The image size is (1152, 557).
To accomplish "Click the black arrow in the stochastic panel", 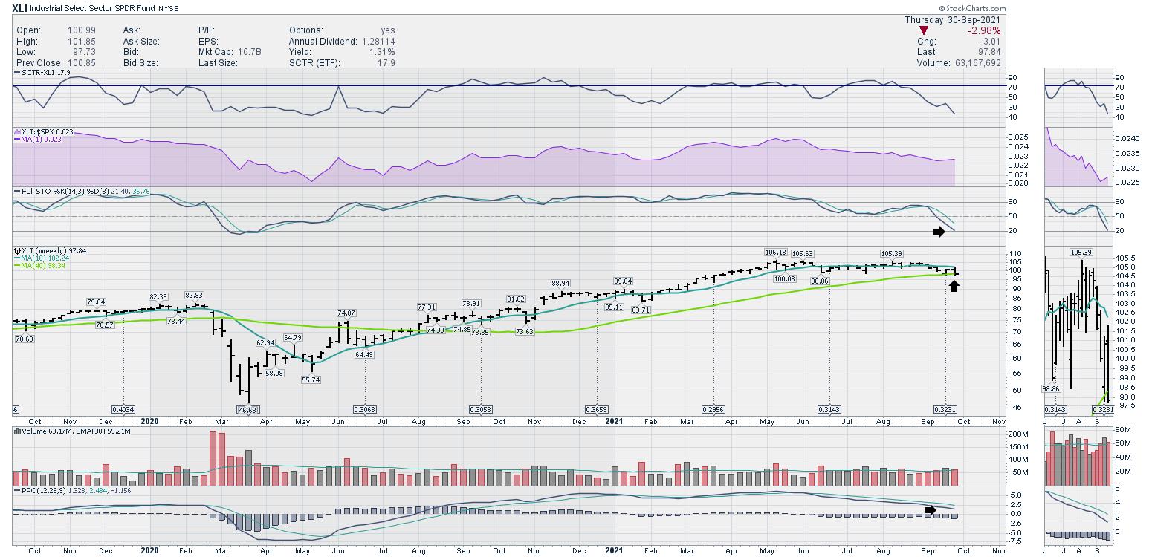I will click(x=939, y=232).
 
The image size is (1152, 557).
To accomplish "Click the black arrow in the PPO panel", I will click(x=932, y=509).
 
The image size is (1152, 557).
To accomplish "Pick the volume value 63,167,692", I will click(x=975, y=63).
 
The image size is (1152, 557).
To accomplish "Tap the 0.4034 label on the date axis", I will click(x=123, y=409).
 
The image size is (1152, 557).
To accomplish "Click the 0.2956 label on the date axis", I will click(x=713, y=409).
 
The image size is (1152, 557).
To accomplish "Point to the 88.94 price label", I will click(x=560, y=284).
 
